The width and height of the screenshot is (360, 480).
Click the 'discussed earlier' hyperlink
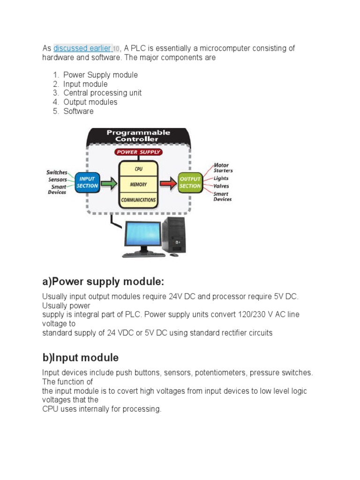point(82,48)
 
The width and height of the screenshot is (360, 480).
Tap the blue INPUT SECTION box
point(87,182)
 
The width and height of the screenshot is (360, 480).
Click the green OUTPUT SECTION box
point(190,182)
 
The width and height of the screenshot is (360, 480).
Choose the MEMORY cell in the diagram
point(138,185)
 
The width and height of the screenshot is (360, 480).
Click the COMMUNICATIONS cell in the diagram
point(138,200)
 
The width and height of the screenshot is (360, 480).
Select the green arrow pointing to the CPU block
point(109,182)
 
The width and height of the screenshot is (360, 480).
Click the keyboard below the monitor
point(143,255)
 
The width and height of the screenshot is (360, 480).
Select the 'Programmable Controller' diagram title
point(138,135)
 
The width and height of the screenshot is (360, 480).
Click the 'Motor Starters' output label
point(223,168)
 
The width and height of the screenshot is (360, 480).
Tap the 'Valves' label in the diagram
point(221,186)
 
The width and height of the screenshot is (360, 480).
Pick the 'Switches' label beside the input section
point(57,172)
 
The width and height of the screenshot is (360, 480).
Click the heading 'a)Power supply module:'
point(103,282)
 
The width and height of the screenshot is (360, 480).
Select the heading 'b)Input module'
point(80,358)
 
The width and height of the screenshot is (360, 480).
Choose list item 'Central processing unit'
point(102,93)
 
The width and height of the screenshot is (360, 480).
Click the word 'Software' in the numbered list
point(78,111)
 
